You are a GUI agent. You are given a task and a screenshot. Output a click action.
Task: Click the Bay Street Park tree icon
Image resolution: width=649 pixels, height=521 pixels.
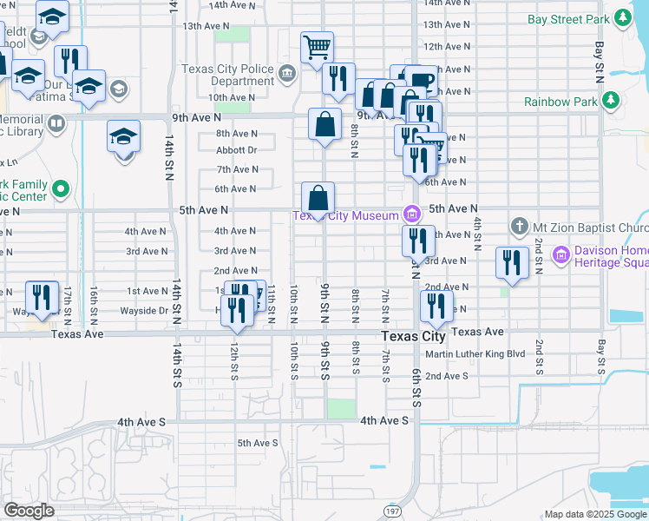621,17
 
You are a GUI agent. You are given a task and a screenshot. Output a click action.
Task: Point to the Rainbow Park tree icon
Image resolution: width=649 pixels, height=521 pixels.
611,102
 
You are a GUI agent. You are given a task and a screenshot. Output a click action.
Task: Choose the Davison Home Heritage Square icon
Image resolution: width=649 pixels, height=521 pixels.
560,255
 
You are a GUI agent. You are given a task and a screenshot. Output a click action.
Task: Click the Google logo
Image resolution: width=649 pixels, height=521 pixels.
29,511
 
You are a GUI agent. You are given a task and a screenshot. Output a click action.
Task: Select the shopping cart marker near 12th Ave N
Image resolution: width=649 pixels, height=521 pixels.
318,48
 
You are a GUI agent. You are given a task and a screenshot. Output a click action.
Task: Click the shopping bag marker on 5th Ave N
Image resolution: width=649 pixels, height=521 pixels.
318,198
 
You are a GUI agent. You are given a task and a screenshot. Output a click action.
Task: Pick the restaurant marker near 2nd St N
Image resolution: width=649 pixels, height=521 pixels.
512,262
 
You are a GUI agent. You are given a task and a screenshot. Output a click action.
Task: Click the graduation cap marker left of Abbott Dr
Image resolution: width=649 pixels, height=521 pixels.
124,137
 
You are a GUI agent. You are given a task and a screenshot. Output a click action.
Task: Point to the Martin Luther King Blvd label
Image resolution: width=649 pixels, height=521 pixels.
475,354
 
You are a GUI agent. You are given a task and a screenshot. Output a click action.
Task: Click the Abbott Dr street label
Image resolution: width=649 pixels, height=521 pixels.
237,150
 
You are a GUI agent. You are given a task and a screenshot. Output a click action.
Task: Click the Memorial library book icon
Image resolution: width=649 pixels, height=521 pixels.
56,123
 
